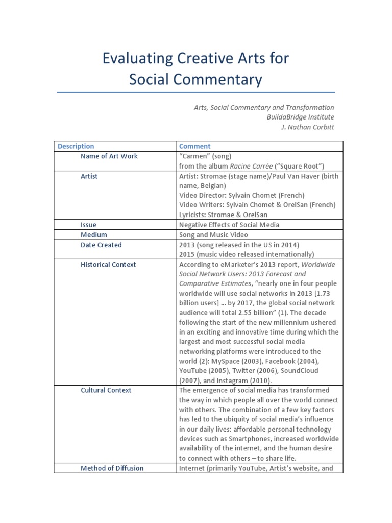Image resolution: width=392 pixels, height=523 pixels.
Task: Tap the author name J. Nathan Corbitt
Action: (x=308, y=127)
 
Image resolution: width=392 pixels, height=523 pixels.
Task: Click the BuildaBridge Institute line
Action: (x=300, y=117)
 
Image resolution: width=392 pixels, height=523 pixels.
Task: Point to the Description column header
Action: (x=76, y=146)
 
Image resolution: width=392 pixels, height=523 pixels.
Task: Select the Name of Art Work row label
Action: (x=109, y=156)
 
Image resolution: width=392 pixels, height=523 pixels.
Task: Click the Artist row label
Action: (x=89, y=176)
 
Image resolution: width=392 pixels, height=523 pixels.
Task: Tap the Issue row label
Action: (x=88, y=225)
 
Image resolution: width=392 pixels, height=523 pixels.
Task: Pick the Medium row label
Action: (x=94, y=235)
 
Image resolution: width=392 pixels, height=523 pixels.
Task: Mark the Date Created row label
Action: (x=101, y=245)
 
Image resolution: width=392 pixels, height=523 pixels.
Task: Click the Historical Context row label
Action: (x=108, y=265)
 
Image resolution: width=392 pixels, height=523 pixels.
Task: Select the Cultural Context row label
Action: (x=106, y=390)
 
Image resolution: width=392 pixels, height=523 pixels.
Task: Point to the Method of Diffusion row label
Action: (x=112, y=468)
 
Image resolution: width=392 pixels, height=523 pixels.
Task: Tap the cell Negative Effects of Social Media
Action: (x=229, y=225)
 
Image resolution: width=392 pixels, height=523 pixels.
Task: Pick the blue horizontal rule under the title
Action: (x=195, y=92)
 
